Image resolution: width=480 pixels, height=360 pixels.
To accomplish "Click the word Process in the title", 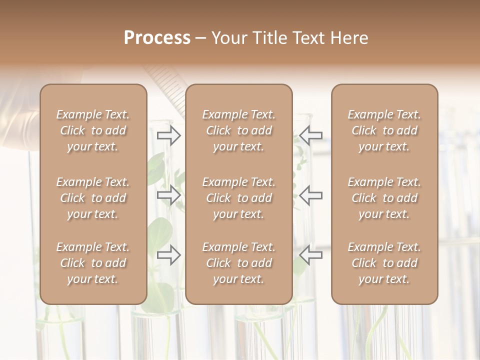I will click(157, 38).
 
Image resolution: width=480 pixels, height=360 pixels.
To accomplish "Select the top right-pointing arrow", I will click(169, 135).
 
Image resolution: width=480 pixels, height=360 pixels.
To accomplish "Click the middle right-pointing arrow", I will click(169, 195).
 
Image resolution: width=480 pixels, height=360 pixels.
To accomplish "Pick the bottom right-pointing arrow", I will click(169, 255).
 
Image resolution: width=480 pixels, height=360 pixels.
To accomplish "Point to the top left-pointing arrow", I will click(311, 135).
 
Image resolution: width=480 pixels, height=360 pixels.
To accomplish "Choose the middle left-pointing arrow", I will click(311, 195).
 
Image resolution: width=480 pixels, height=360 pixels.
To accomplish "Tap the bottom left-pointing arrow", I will click(311, 255).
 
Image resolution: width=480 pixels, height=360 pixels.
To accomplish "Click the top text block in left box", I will click(93, 130).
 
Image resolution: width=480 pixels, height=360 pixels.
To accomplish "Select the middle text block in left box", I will click(93, 198).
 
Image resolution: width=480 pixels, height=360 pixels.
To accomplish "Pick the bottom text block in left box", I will click(93, 263).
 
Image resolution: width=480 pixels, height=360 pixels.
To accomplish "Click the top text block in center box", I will click(238, 130).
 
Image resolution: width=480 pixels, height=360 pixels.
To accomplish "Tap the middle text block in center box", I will click(238, 198).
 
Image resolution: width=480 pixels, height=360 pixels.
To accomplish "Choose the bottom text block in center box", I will click(238, 263).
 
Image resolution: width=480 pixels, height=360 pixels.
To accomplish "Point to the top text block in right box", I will click(384, 130).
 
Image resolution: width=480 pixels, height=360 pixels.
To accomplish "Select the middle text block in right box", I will click(384, 198).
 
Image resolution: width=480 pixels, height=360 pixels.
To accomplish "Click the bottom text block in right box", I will click(384, 263).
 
